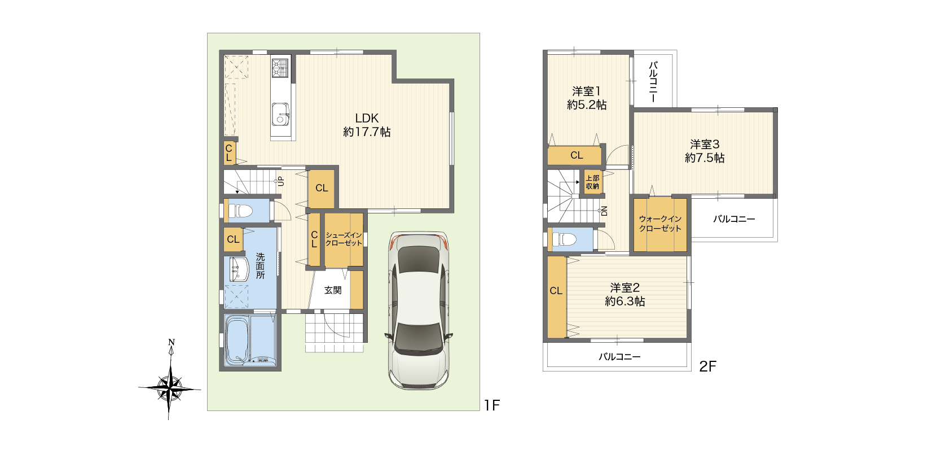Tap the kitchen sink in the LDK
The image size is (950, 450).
pos(280,114)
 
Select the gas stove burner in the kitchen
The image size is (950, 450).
pos(280,68)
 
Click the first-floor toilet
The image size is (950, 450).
pos(240,211)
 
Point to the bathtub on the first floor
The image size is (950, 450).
pos(239,340)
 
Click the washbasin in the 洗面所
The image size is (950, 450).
pos(239,269)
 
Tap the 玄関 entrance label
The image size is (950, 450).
pos(333,290)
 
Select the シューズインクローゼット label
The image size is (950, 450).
pos(344,239)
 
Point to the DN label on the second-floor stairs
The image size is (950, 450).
pos(604,211)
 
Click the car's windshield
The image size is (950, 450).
pos(419,259)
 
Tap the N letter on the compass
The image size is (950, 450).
pos(171,342)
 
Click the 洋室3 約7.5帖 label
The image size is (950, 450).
pos(705,151)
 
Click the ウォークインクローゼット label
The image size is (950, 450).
pos(661,224)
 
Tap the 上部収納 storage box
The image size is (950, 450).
pos(592,182)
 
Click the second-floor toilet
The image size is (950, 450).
pos(565,239)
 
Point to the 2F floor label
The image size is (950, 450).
pos(707,366)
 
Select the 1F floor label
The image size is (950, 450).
pos(492,405)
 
